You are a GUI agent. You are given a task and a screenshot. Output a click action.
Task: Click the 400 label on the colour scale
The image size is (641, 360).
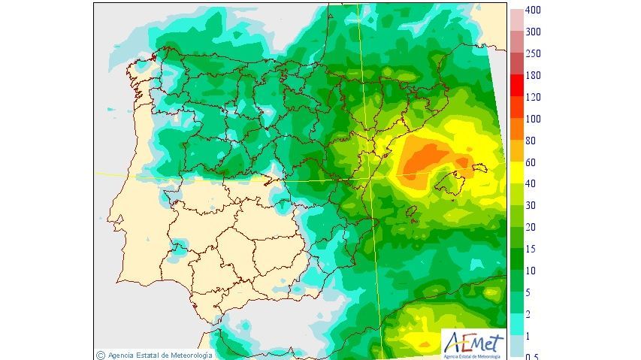point(533,11)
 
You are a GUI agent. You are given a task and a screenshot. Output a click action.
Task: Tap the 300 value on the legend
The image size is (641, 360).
point(533,32)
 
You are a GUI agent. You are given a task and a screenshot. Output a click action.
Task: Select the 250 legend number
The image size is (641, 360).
point(533,54)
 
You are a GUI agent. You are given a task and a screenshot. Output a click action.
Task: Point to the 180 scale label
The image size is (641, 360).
point(533,76)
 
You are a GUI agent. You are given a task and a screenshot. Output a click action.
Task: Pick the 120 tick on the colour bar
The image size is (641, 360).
point(533,98)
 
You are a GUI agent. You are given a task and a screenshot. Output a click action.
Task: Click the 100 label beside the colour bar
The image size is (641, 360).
point(533,119)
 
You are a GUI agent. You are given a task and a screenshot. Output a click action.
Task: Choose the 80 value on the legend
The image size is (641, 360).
point(531,141)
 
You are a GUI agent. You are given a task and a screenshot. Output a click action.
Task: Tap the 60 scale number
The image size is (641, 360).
point(531,162)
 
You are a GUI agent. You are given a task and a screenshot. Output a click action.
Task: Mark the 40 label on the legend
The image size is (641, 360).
point(531,184)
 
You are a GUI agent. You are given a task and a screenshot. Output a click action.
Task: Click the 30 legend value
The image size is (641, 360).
point(531,205)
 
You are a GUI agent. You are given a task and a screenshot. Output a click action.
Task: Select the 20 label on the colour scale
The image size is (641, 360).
point(531,227)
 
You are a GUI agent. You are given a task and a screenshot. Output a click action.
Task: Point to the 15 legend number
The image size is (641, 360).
point(531,249)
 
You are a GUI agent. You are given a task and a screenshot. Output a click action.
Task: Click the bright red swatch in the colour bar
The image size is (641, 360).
point(517,86)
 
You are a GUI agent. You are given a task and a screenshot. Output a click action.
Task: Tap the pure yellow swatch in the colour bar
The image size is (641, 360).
point(517,173)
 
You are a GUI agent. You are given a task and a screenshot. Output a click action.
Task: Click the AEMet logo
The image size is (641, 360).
point(473,344)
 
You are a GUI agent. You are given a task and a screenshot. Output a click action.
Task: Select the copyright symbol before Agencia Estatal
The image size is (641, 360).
point(101,355)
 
